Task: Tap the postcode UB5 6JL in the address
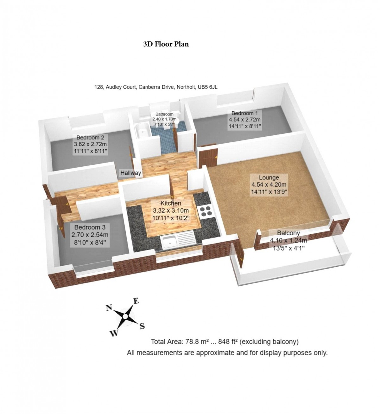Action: coord(207,87)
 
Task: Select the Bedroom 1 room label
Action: coord(245,113)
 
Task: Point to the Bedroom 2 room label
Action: coord(90,138)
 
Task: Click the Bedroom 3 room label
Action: coord(90,227)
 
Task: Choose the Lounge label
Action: coord(269,177)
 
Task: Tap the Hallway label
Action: coord(130,173)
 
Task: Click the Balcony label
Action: coord(288,233)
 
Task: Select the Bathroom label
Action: coord(164,114)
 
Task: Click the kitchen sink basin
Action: coord(169,242)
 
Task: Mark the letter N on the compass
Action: coord(109,308)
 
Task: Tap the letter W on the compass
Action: coord(113,333)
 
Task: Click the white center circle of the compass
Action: coord(125,317)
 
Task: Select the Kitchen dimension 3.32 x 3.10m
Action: coord(171,211)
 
